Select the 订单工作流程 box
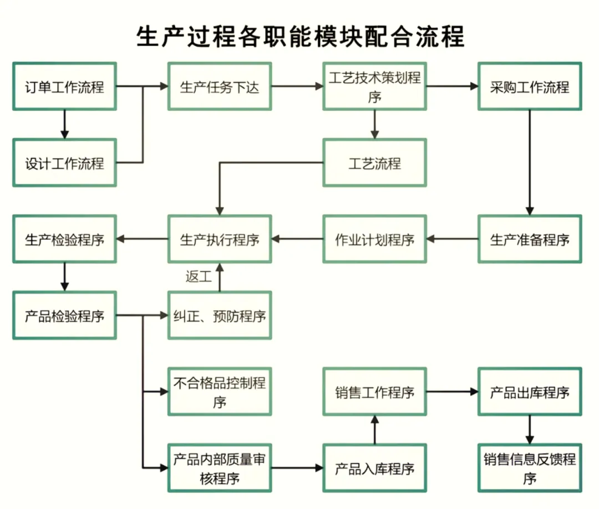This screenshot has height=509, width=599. click(64, 87)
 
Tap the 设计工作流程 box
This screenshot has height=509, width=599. click(64, 163)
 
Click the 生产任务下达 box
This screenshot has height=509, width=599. click(220, 87)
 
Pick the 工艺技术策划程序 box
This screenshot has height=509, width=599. click(374, 87)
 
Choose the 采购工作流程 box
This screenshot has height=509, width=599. click(530, 87)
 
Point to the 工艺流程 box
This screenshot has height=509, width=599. click(374, 163)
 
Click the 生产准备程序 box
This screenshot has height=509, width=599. click(530, 239)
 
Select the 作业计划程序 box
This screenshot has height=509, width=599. click(374, 239)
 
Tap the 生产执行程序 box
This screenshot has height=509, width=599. click(220, 239)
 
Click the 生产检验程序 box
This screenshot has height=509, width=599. click(64, 239)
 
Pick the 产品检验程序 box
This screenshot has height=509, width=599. click(64, 315)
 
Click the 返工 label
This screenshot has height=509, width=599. click(199, 276)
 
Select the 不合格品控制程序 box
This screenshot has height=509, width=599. click(220, 391)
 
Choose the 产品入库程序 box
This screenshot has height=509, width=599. click(374, 468)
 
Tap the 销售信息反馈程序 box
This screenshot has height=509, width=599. click(530, 468)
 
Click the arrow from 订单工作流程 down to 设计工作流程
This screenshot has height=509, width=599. click(64, 125)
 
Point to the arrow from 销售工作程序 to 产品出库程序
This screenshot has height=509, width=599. click(452, 391)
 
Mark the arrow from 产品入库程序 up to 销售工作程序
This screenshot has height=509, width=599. click(374, 430)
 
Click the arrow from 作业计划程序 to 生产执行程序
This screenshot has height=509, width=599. click(297, 239)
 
